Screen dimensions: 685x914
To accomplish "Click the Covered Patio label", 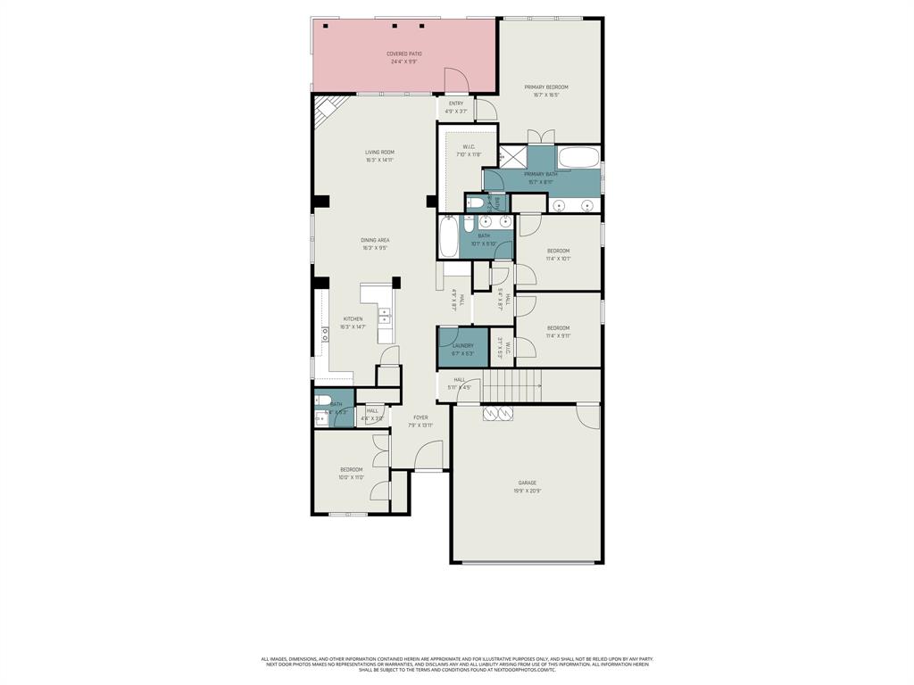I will [404, 57].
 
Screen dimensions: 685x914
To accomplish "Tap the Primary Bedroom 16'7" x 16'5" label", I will [545, 91].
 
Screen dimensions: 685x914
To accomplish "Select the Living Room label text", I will [379, 156].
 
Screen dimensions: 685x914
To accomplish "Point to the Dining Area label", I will [375, 243].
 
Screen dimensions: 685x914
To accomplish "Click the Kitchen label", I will [353, 323].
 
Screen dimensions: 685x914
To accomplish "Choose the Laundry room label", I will [462, 349].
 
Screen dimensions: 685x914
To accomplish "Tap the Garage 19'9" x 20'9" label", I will [527, 487].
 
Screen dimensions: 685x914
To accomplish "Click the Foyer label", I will [420, 421].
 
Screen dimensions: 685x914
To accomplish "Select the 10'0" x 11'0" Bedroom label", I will [351, 474].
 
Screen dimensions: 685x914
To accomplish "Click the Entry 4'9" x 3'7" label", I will [456, 107].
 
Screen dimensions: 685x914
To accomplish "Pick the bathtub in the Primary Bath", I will [579, 158].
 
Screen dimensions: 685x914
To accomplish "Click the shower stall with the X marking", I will [512, 155].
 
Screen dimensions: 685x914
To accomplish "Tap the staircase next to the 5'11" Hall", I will [512, 387].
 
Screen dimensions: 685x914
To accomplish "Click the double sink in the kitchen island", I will [386, 314].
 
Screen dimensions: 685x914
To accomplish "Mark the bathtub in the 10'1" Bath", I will [448, 237].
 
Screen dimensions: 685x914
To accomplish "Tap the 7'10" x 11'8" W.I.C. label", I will [469, 151].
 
